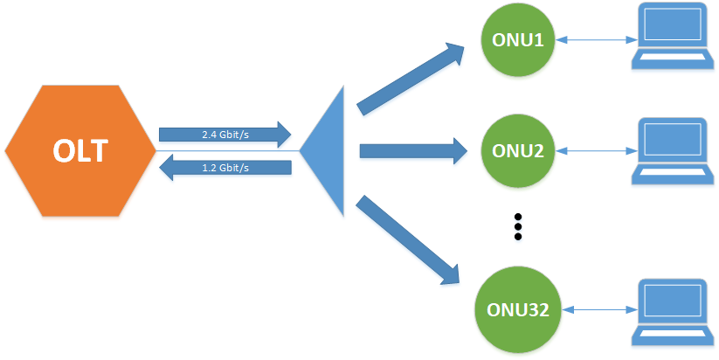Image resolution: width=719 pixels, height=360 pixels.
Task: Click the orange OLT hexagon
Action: click(79, 150)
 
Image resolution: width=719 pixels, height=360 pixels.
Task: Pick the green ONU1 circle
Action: click(518, 41)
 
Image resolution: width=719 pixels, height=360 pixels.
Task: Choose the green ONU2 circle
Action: click(518, 149)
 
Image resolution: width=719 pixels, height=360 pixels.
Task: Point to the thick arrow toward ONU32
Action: click(411, 241)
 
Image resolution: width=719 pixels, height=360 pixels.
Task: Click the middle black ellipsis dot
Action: click(518, 226)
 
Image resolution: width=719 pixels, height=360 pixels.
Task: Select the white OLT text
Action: click(80, 150)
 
